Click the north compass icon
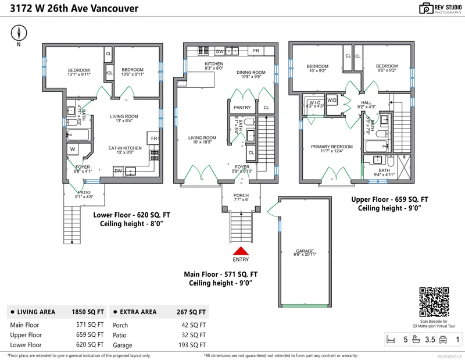point(20,33)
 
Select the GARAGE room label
point(305,252)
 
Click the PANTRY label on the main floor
point(241,108)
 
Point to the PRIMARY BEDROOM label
point(331,147)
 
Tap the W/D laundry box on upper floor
point(332,99)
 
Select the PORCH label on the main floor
point(241,196)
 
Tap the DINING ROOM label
point(252,73)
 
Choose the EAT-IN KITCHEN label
point(126,148)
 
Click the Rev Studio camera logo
point(425,8)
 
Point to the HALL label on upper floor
point(366,102)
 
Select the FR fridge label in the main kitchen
point(256,51)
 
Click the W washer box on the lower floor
point(73,149)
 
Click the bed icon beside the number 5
point(391,339)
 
